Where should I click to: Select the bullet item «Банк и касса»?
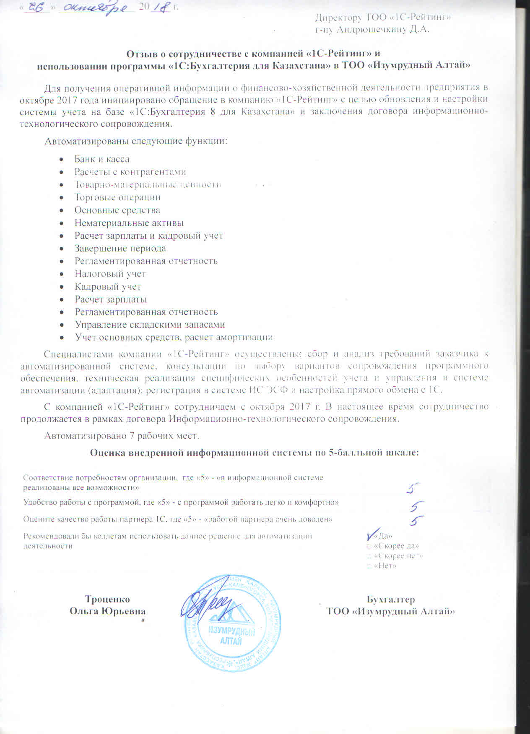tap(102, 159)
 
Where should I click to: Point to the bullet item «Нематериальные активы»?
tap(129, 223)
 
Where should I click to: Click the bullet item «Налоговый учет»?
tap(110, 274)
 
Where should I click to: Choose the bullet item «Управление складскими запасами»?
tap(149, 325)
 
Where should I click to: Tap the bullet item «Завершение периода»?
tap(120, 248)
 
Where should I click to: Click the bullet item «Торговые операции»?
tap(117, 197)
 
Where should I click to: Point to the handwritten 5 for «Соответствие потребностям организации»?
tap(414, 488)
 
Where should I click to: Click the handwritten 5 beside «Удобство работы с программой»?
tap(417, 506)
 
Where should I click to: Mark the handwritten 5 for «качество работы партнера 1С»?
tap(416, 520)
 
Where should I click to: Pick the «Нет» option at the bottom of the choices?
tap(385, 566)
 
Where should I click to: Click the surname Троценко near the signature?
tap(107, 599)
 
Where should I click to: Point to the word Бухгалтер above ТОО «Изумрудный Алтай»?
tap(390, 599)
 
